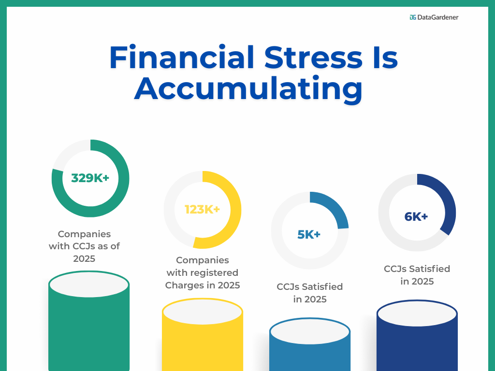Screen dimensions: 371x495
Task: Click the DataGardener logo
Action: [434, 17]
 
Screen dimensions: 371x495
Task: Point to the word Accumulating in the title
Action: [248, 88]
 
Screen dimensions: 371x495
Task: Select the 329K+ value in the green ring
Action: [90, 178]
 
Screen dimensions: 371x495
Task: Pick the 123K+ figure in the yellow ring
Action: [202, 210]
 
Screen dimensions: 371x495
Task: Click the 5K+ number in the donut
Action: [309, 235]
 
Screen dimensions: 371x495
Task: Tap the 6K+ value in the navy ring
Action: [416, 217]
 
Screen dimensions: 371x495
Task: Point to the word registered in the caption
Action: [216, 273]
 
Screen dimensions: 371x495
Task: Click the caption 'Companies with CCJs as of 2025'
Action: [84, 246]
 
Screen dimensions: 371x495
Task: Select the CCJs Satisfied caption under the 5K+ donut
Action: [310, 293]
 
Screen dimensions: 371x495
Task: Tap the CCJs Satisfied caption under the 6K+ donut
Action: [417, 275]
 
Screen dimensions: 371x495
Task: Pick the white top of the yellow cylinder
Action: [202, 312]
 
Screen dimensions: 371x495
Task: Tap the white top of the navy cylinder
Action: [417, 314]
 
